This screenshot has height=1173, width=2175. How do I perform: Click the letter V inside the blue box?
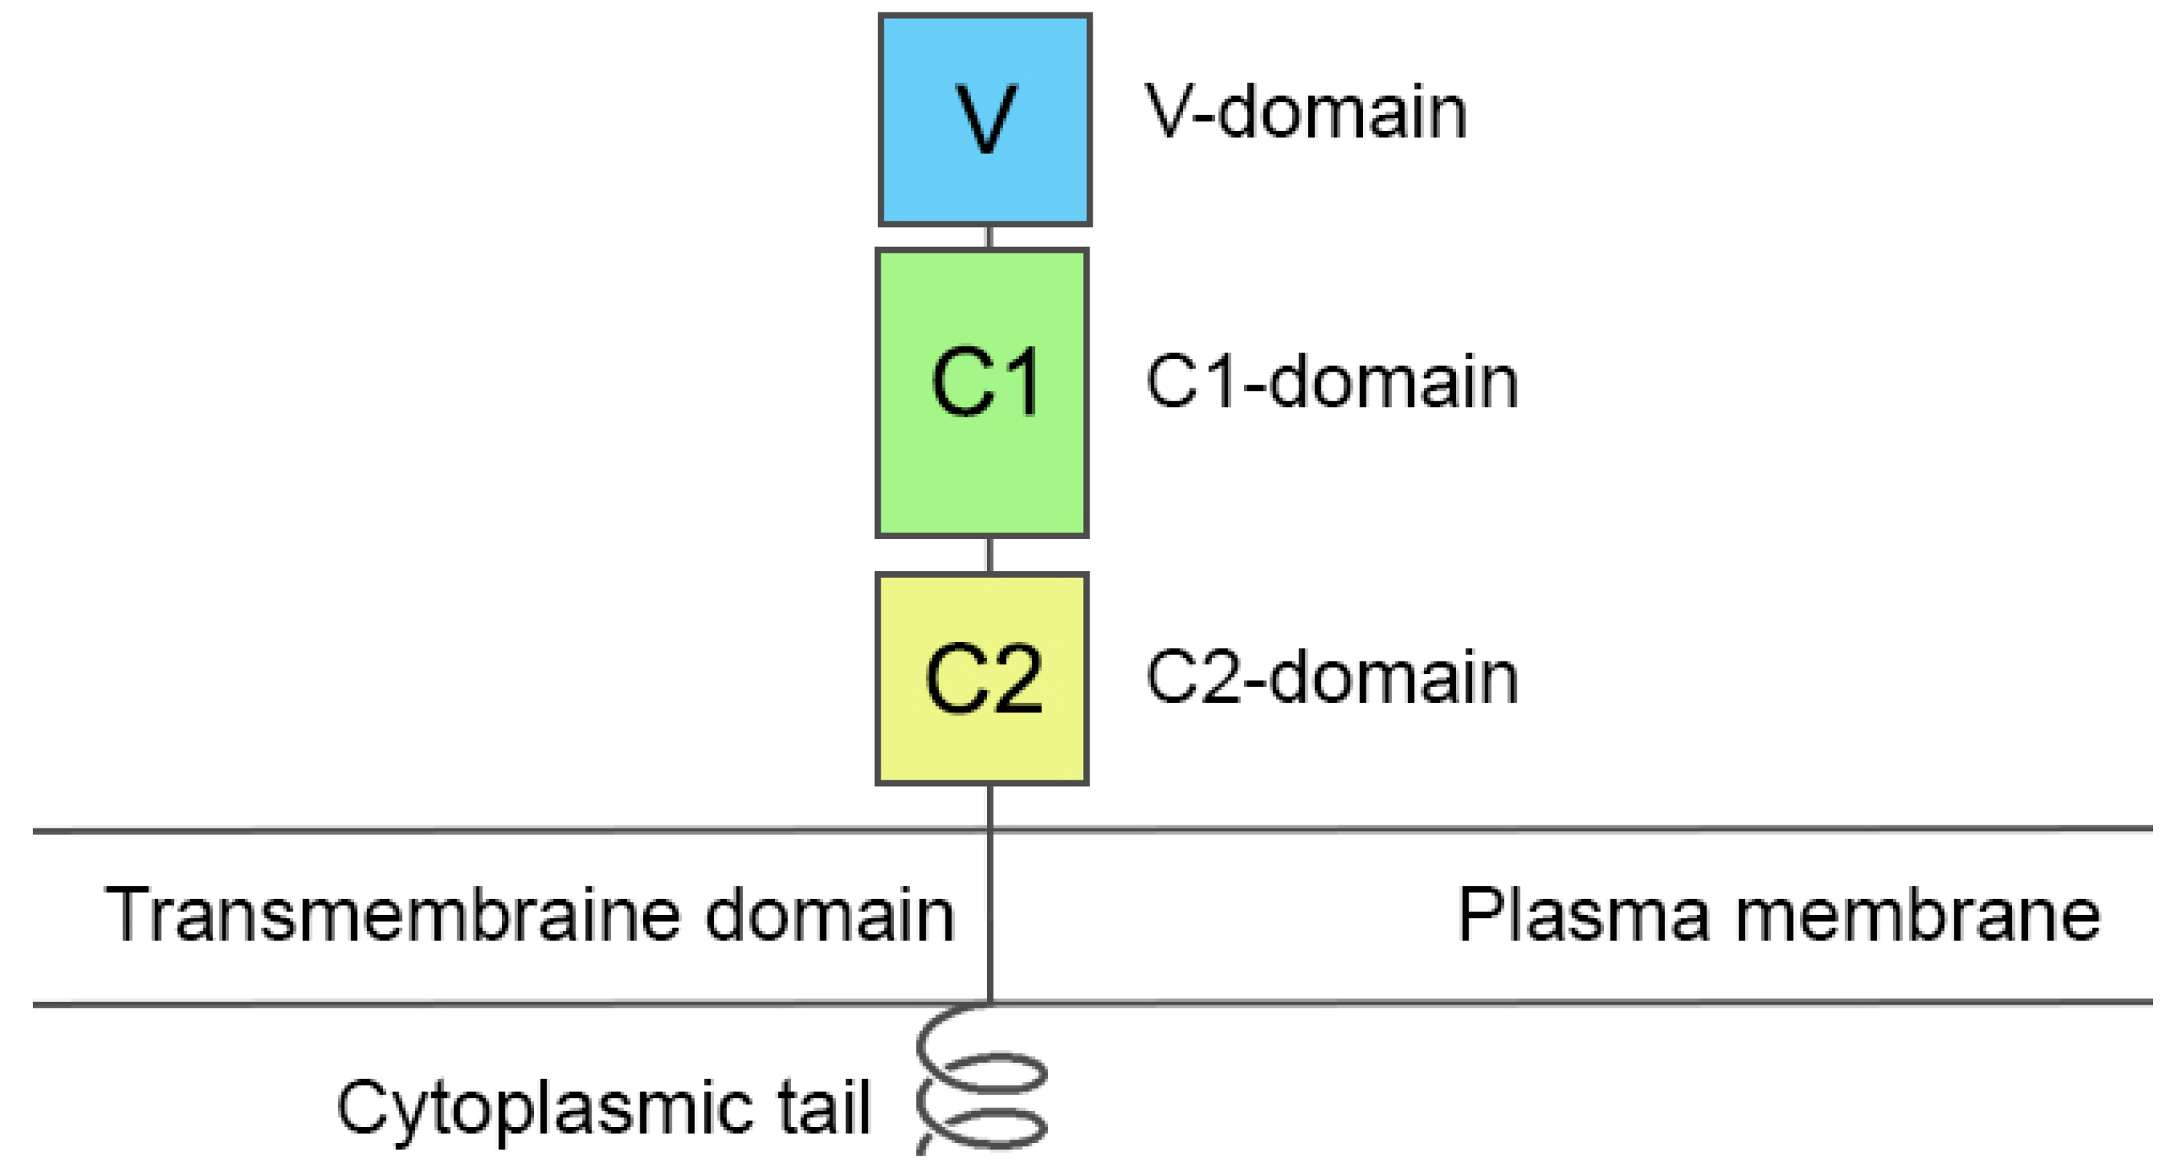click(986, 120)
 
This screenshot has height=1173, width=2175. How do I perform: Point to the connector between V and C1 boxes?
click(988, 238)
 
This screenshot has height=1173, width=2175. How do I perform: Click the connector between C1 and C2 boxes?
click(988, 556)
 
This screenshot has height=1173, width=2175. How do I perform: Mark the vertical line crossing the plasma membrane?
click(990, 917)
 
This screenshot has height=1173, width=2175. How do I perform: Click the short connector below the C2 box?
click(990, 807)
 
